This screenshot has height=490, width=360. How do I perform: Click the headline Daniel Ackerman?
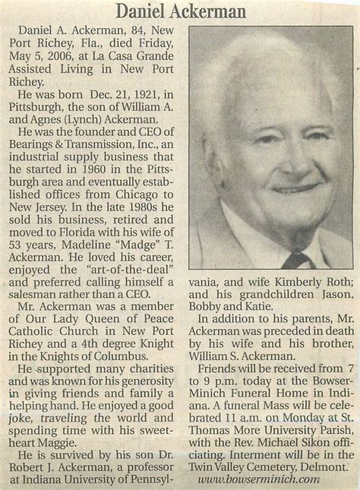pos(180,11)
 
